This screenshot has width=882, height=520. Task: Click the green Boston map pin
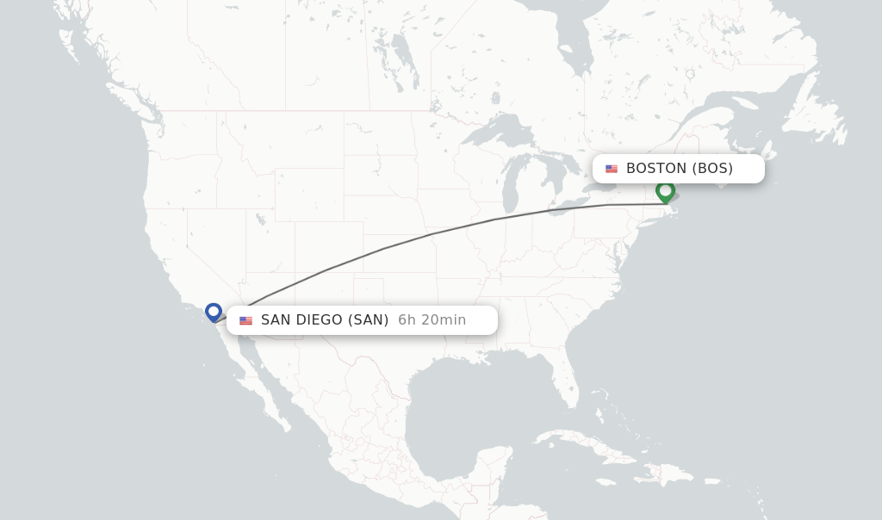(x=665, y=191)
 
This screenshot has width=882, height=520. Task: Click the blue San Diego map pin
(x=214, y=312)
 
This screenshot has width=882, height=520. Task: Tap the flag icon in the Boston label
(x=612, y=169)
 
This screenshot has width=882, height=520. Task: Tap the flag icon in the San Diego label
(x=246, y=320)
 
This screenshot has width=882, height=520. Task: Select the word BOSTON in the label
(x=656, y=169)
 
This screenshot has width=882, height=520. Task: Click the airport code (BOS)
(x=712, y=169)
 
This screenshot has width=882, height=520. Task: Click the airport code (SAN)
(x=368, y=320)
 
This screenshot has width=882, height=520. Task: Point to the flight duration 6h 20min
(x=432, y=320)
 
